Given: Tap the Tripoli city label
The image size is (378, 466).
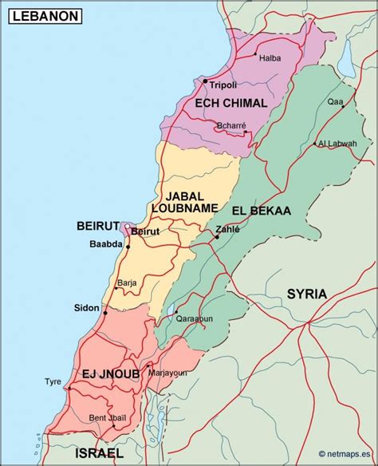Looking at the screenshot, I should point(223,85).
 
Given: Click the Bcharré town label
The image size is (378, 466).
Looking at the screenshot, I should point(230,125).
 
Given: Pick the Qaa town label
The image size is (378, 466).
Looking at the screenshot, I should point(335,101).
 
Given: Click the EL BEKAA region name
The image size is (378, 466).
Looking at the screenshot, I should point(261,211).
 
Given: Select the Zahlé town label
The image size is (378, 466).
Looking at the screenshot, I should point(227,227).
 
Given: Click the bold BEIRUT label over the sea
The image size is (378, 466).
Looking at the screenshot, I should point(98,226).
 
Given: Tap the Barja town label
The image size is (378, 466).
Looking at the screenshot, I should point(127,282).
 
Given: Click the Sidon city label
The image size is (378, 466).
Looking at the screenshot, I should point(87,308).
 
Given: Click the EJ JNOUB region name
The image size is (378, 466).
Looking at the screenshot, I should point(111,373).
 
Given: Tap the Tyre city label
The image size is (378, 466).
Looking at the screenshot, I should point(53,381).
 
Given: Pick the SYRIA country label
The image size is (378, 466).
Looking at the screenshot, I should point(307,294).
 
